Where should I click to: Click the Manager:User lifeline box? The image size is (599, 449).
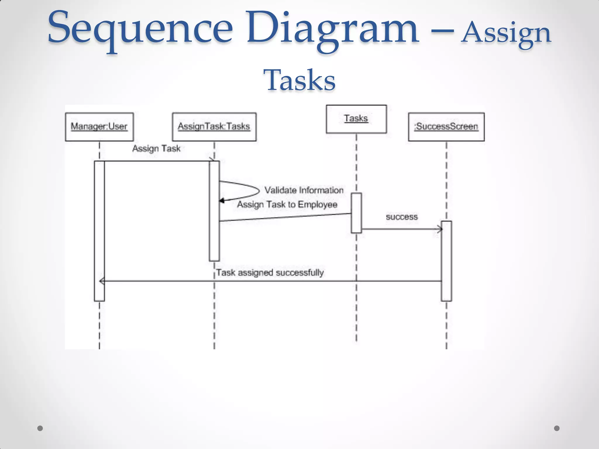99,127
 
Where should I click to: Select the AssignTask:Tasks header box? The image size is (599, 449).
214,127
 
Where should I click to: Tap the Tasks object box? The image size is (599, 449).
356,119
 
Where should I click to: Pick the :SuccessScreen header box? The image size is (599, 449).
446,127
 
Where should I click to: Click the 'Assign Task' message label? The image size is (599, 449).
156,148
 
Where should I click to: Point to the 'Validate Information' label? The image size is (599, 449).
304,190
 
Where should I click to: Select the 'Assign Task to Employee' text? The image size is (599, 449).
287,204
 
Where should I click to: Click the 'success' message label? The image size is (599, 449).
402,217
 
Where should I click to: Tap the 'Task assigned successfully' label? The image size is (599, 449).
270,273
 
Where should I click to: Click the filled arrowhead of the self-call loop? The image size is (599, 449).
222,201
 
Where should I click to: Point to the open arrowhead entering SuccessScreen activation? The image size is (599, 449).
439,229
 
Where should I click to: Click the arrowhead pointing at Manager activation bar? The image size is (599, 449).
102,281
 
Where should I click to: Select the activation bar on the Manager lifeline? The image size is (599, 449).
99,231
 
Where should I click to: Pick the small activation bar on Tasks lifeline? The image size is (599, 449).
356,213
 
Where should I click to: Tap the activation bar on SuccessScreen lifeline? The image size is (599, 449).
446,261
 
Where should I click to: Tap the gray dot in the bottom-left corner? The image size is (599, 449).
40,428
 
